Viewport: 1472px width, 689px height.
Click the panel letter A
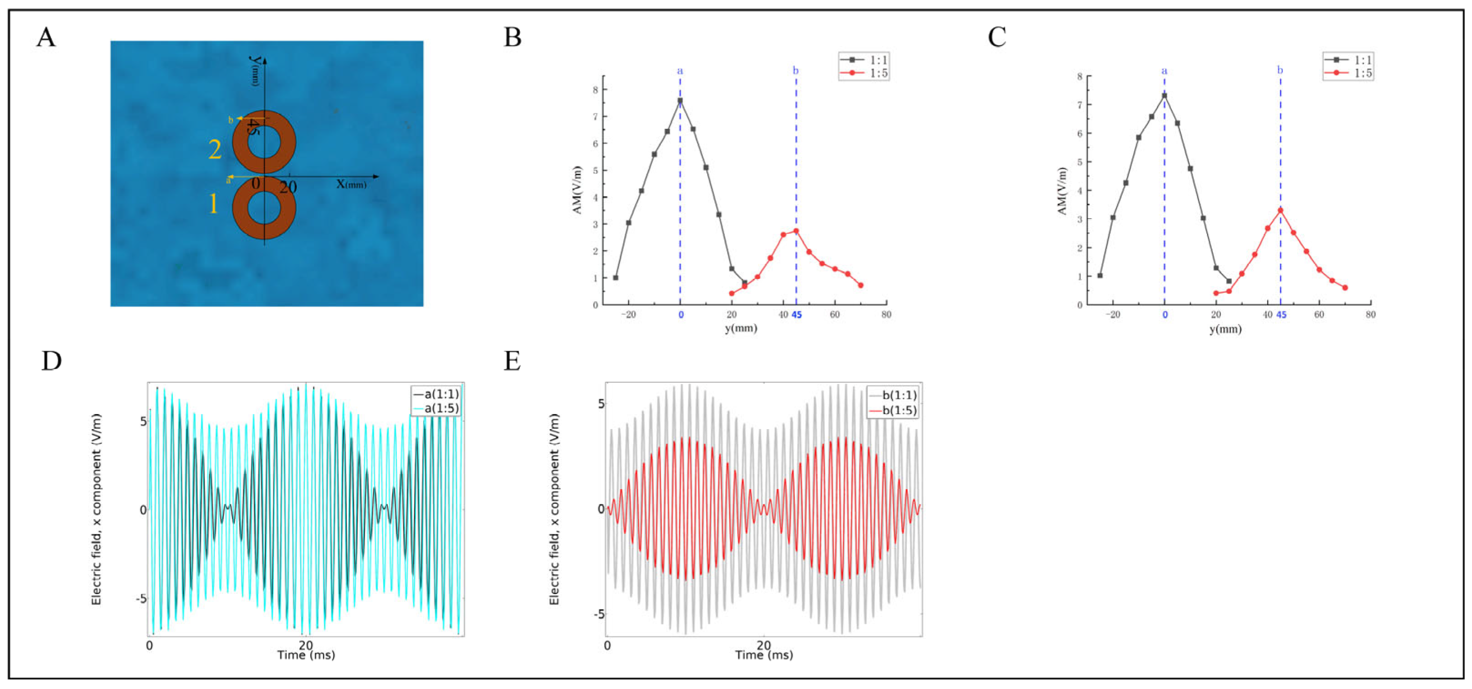point(45,38)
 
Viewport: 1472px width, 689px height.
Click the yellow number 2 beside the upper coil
point(215,150)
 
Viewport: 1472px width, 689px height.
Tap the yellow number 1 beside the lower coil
point(213,203)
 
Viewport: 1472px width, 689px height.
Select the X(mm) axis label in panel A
point(351,184)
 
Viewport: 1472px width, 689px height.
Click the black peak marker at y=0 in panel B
point(680,101)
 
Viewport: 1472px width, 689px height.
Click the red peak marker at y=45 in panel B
point(796,231)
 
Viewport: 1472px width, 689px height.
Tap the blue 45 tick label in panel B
point(797,315)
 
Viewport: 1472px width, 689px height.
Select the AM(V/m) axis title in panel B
point(577,190)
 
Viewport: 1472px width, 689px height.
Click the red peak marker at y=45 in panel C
point(1280,210)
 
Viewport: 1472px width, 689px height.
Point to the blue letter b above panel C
point(1280,70)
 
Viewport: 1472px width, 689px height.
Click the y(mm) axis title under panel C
point(1225,329)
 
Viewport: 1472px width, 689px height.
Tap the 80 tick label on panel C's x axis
point(1370,315)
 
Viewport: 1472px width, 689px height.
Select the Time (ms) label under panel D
point(306,655)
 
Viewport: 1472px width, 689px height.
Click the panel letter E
point(512,361)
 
